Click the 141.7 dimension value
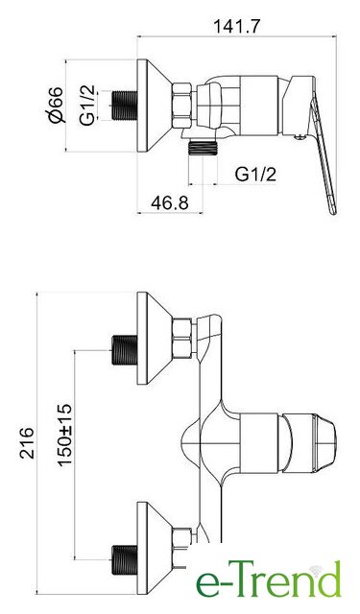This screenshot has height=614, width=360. tap(236, 26)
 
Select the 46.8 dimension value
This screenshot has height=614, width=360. tap(169, 202)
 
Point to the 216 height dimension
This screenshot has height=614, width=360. tap(28, 442)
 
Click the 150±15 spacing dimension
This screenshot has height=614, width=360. tap(65, 435)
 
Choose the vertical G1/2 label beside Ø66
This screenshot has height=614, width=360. tap(87, 105)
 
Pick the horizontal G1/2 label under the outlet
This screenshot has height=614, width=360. tap(255, 174)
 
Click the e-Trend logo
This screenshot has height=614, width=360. tap(269, 579)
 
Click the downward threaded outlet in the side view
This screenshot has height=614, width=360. tap(203, 148)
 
